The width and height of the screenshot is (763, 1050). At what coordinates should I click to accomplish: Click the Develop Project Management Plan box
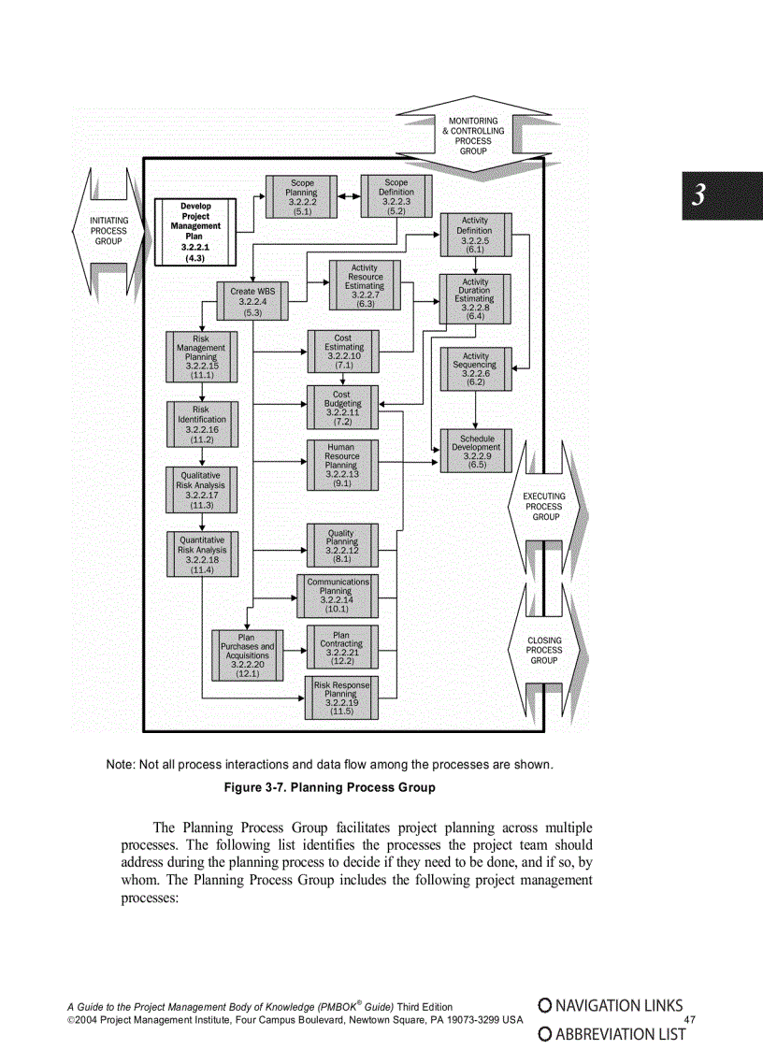pyautogui.click(x=195, y=232)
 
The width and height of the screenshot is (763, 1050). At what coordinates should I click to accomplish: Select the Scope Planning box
pyautogui.click(x=302, y=197)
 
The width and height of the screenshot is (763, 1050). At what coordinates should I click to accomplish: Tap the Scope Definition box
pyautogui.click(x=396, y=197)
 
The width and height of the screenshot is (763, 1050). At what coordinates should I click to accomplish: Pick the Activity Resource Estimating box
pyautogui.click(x=365, y=286)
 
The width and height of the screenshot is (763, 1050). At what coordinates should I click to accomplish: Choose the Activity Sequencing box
pyautogui.click(x=475, y=369)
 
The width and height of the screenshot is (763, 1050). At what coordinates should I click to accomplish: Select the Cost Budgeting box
pyautogui.click(x=341, y=409)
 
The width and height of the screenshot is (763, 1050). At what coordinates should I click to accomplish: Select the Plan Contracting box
pyautogui.click(x=341, y=650)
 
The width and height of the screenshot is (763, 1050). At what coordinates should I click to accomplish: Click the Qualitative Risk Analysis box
pyautogui.click(x=201, y=490)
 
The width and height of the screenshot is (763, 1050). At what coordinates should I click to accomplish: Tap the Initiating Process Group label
pyautogui.click(x=108, y=231)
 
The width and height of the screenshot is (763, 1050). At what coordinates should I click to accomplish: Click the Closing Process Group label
pyautogui.click(x=544, y=651)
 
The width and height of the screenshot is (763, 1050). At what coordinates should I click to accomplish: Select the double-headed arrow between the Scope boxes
pyautogui.click(x=349, y=197)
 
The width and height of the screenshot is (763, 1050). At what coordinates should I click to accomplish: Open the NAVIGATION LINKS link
pyautogui.click(x=611, y=1007)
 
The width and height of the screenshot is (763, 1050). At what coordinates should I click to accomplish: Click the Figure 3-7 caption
pyautogui.click(x=329, y=788)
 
